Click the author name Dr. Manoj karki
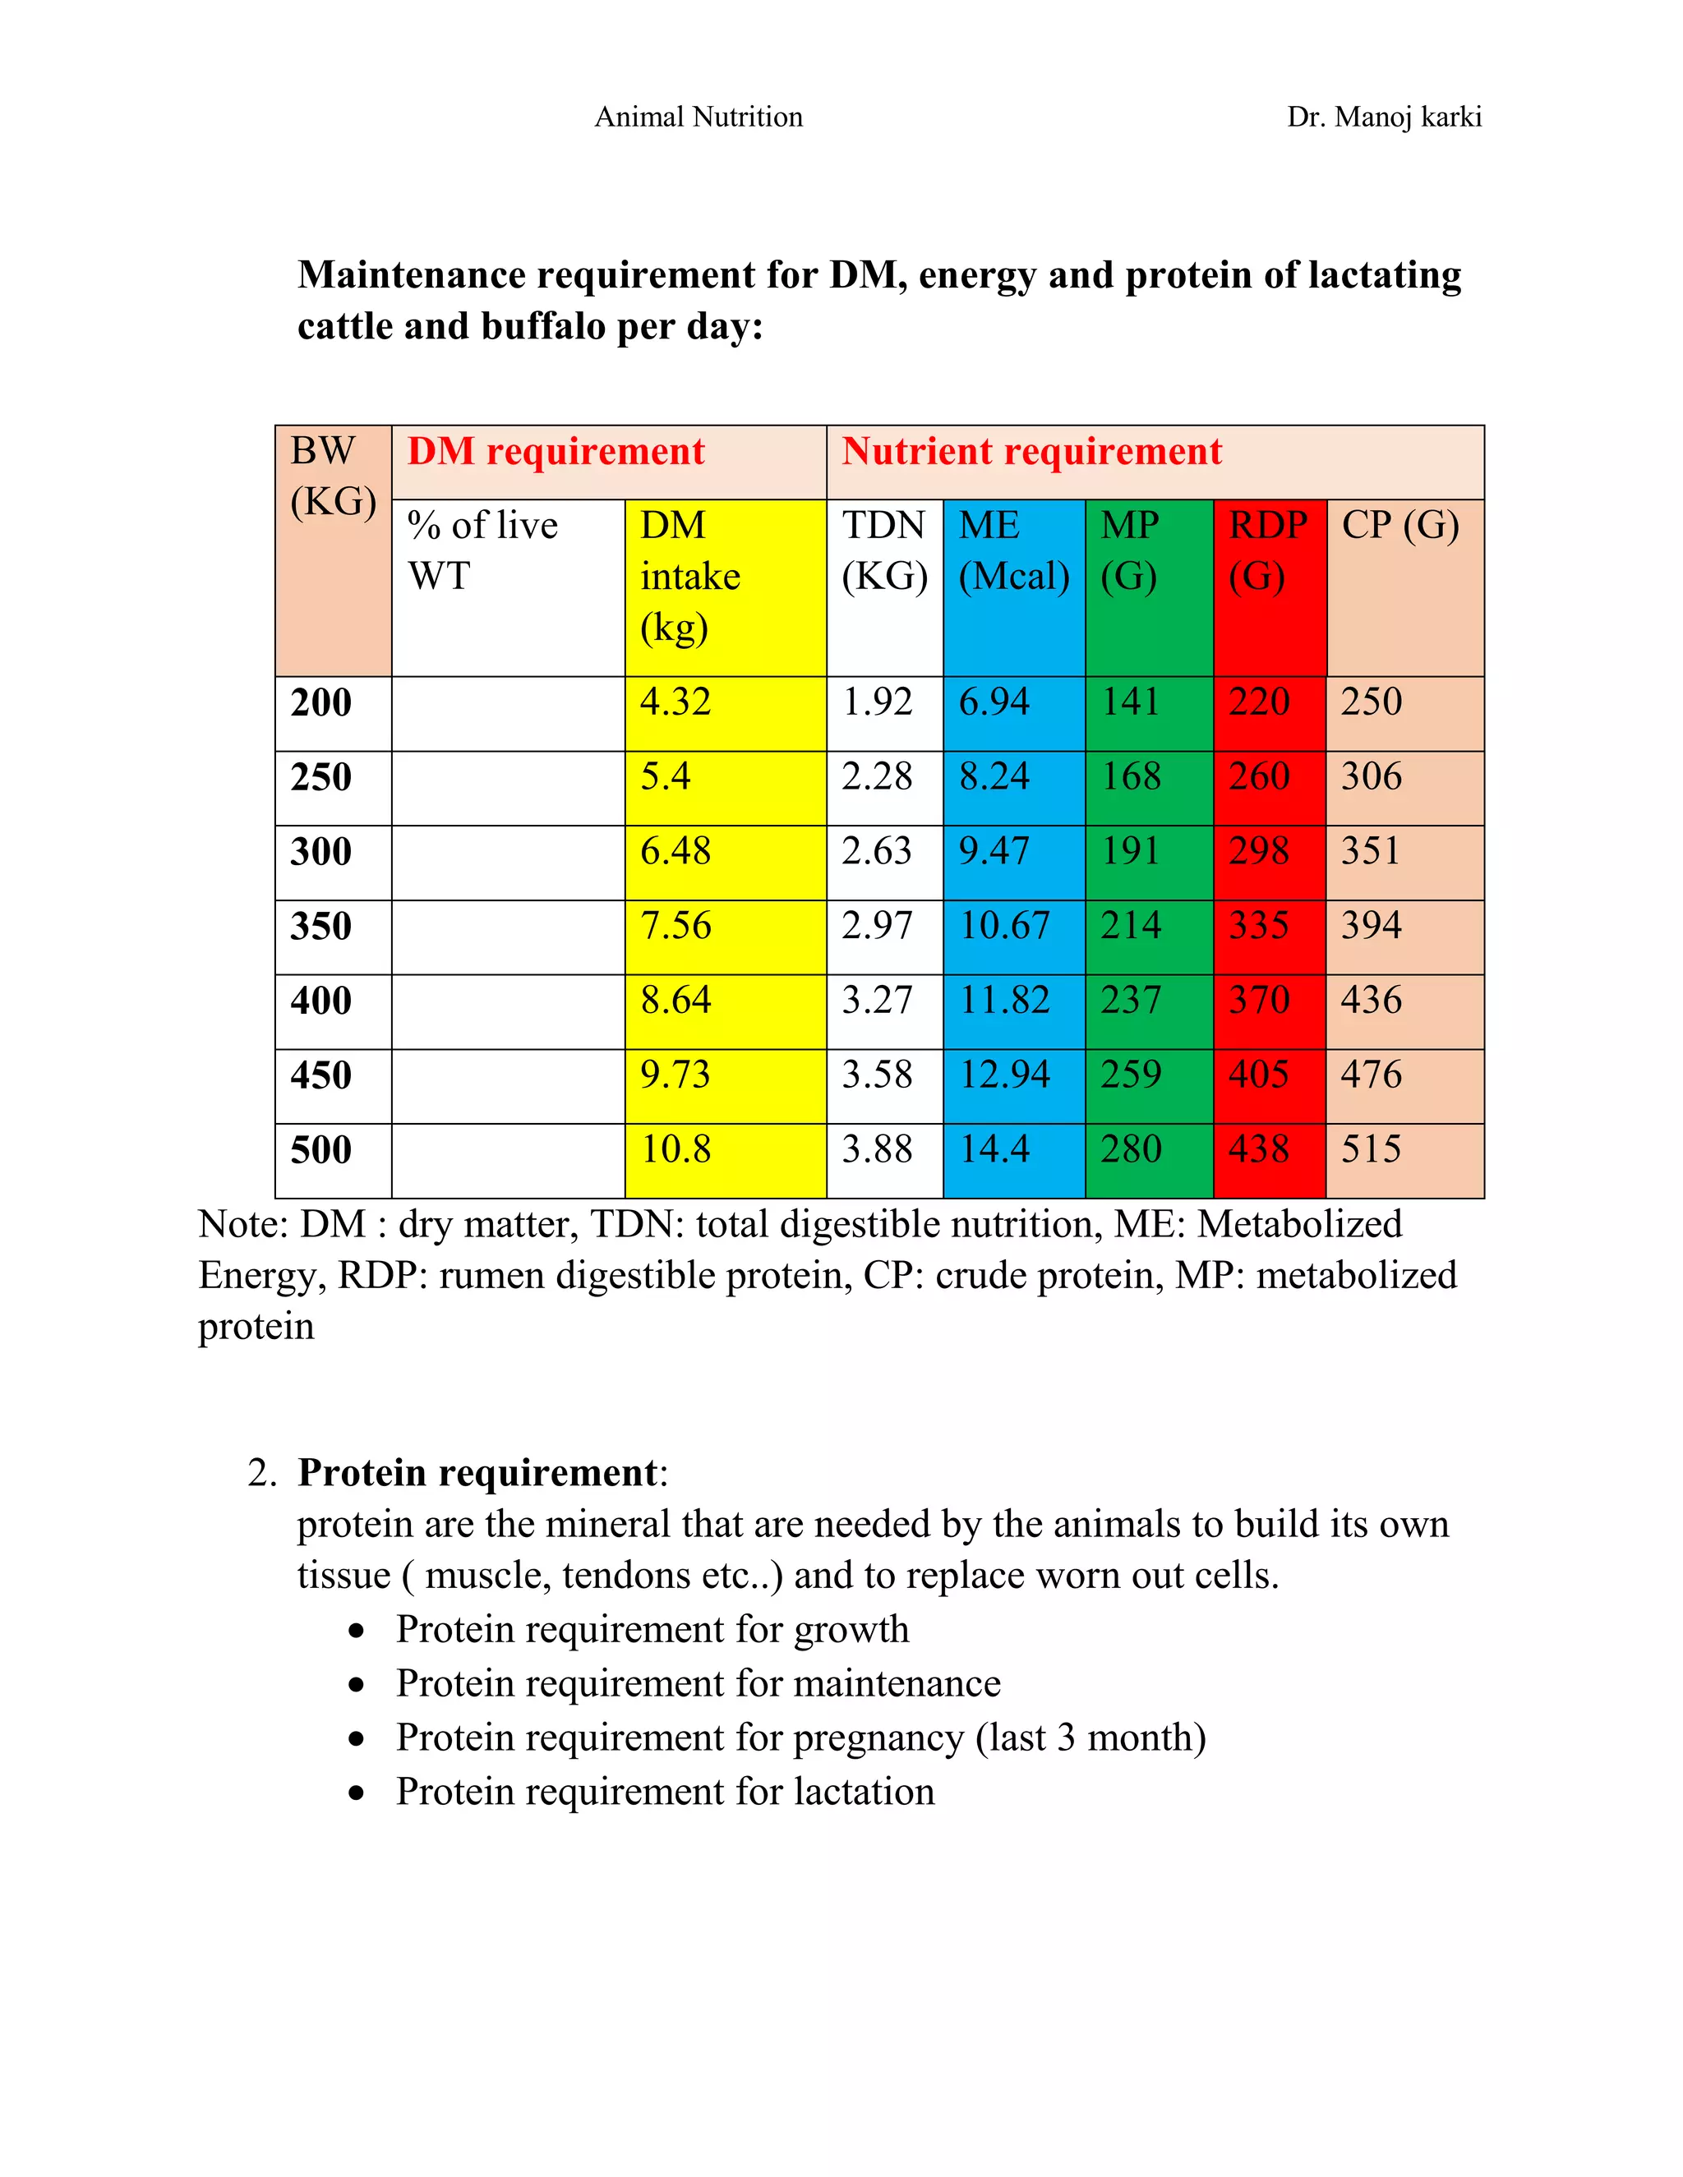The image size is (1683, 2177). pos(1383,117)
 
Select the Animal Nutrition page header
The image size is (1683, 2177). pos(698,117)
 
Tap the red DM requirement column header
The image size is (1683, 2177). pos(556,452)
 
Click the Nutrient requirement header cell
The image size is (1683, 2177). pos(1031,452)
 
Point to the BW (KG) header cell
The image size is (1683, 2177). pos(332,476)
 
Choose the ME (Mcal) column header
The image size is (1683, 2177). pos(1013,550)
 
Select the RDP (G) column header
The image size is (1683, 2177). pos(1267,550)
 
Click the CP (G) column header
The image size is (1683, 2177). pos(1399,525)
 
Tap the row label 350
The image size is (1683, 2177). pos(321,926)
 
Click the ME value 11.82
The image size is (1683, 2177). pos(1004,1000)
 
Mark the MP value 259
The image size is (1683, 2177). pos(1131,1075)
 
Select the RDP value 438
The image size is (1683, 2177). pos(1258,1149)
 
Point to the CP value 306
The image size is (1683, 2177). pos(1371,776)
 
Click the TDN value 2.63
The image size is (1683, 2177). pos(876,851)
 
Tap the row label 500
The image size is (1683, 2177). pos(321,1149)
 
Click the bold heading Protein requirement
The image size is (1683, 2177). pos(477,1473)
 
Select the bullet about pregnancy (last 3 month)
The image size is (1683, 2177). pos(800,1737)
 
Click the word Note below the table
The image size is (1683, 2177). pos(240,1224)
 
